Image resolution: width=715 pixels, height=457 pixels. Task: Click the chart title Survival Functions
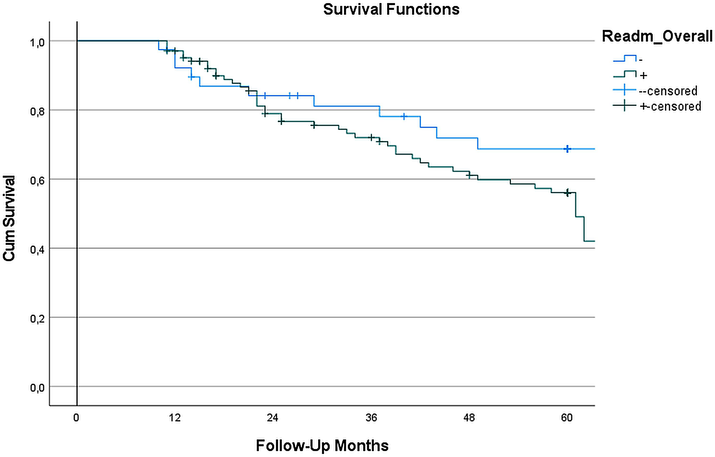click(391, 9)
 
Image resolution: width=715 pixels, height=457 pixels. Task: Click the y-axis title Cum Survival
click(9, 218)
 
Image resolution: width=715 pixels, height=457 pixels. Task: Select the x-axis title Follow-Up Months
click(322, 446)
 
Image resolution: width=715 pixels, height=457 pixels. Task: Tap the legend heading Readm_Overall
click(657, 36)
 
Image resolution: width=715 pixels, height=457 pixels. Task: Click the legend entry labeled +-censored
click(670, 106)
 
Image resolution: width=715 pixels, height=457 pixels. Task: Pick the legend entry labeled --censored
click(668, 91)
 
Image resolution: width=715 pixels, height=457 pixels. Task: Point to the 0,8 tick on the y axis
click(37, 111)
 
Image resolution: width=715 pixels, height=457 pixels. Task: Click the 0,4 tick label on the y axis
click(37, 250)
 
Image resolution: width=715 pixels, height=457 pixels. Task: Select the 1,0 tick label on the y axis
click(37, 43)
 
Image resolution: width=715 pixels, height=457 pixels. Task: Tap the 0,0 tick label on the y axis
click(37, 388)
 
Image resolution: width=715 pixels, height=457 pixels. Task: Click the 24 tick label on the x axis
click(272, 418)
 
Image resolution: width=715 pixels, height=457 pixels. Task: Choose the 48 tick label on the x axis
click(469, 418)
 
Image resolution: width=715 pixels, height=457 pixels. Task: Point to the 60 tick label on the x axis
click(567, 418)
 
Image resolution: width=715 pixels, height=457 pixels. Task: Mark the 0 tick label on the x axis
click(76, 418)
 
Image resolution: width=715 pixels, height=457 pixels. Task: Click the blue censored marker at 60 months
click(567, 149)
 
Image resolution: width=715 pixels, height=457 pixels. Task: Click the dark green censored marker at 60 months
click(567, 193)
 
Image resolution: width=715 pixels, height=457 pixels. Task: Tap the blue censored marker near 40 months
click(404, 117)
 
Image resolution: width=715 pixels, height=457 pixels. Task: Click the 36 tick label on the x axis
click(371, 418)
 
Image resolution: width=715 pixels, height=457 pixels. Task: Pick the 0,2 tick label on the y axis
click(37, 319)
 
